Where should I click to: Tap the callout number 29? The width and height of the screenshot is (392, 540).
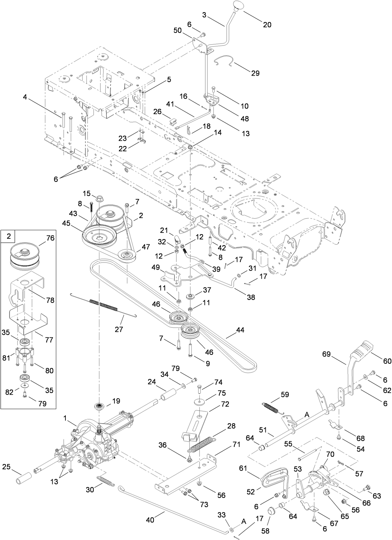point(255,73)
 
